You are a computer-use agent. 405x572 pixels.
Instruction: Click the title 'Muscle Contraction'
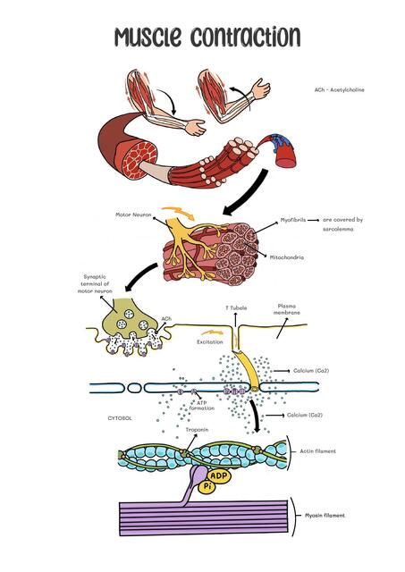(x=206, y=37)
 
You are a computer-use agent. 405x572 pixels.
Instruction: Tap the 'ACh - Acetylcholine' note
(x=340, y=90)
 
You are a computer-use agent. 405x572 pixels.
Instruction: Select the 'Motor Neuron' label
(x=133, y=214)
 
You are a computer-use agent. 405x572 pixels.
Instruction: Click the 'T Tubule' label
(x=235, y=307)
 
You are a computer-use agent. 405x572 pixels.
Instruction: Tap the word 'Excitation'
(x=211, y=341)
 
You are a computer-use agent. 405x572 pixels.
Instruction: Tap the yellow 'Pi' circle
(x=207, y=487)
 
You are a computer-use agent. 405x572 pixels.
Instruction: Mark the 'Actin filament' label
(x=317, y=451)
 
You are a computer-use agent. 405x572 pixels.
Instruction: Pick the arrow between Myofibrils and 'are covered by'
(x=313, y=219)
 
